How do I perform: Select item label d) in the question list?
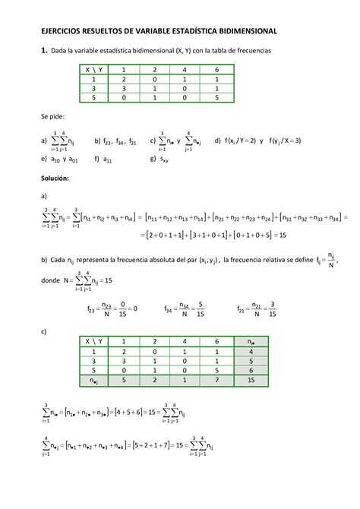point(218,141)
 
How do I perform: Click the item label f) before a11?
point(96,160)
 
